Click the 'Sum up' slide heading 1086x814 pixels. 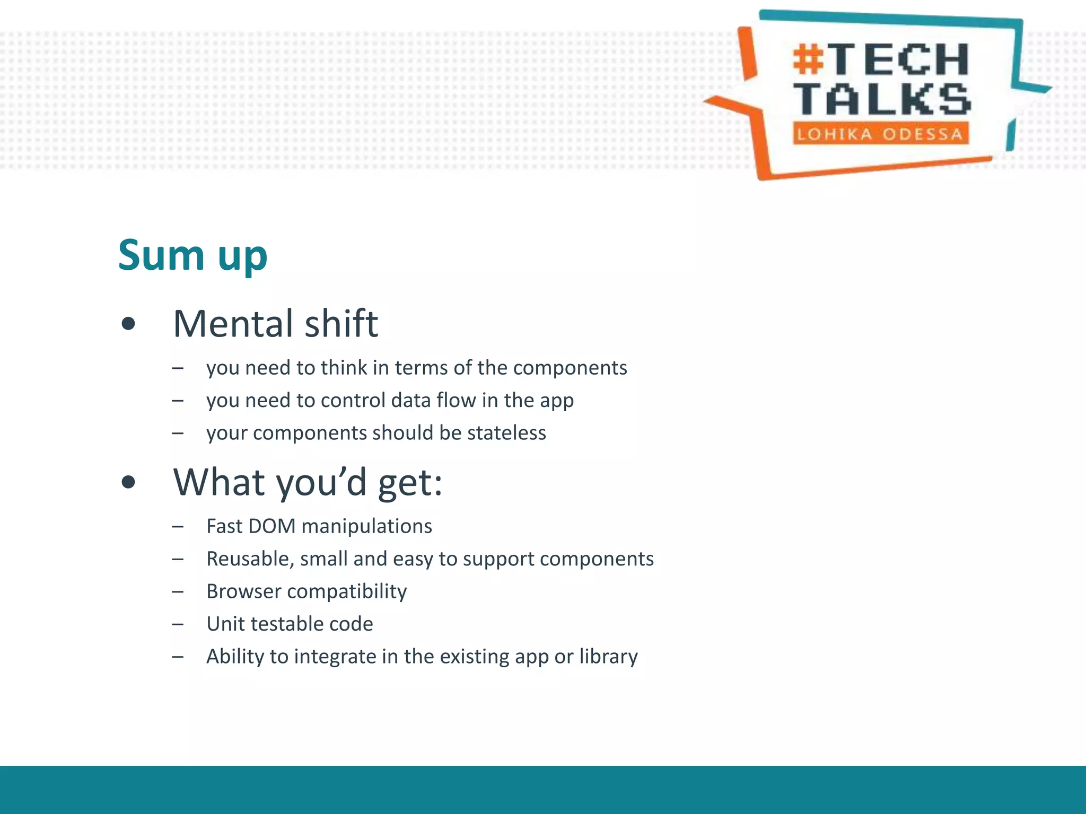click(192, 255)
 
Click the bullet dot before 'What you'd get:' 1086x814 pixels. click(128, 482)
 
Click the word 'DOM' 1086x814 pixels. click(271, 526)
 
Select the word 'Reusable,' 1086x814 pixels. click(250, 559)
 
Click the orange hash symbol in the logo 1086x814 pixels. click(809, 59)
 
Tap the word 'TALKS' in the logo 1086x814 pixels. click(882, 100)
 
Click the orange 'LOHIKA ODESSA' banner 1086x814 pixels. click(880, 134)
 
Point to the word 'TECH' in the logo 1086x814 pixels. click(899, 59)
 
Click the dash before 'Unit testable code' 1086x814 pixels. click(178, 624)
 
